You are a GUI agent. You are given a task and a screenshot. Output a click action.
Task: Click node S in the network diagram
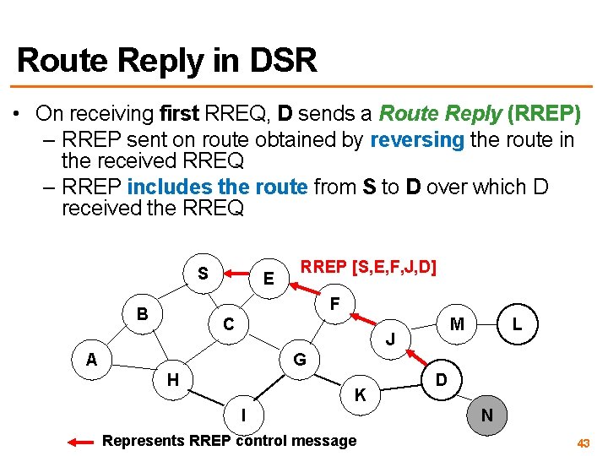(203, 273)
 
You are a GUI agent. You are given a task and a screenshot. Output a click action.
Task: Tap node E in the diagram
(268, 279)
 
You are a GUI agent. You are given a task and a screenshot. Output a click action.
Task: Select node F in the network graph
(335, 302)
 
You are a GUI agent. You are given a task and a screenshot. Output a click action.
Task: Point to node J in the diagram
(390, 339)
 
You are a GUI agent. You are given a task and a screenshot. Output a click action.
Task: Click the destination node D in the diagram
(441, 380)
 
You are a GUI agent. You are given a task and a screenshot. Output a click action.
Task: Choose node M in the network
(457, 324)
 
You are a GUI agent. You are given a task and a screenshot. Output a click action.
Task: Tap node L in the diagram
(517, 324)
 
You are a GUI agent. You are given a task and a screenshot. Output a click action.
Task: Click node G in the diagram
(299, 361)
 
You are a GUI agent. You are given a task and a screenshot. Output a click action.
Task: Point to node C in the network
(228, 324)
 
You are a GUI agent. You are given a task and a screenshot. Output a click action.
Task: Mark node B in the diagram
(144, 314)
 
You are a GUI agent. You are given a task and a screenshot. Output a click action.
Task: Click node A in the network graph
(92, 359)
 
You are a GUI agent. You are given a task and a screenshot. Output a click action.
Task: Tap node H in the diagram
(172, 380)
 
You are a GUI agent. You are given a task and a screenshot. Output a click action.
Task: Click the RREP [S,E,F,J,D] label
(369, 268)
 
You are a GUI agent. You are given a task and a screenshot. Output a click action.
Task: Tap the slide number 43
(583, 442)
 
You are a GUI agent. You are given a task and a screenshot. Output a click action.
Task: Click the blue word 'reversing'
(417, 139)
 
